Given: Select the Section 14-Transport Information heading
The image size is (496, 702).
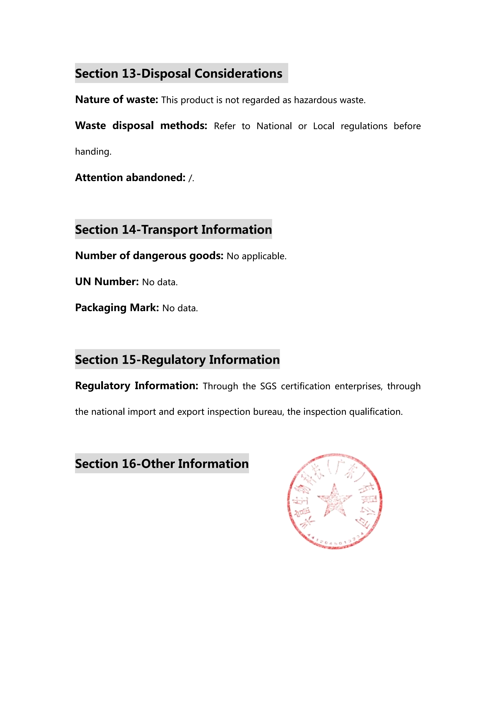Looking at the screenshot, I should pos(173,230).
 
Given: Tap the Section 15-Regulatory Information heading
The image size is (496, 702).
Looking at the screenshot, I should pos(177,360).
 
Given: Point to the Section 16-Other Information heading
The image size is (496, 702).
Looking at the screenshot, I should pos(162,464).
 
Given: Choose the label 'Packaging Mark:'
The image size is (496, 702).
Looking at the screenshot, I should pos(117,308).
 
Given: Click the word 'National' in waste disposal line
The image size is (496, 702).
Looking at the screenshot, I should pos(274,126).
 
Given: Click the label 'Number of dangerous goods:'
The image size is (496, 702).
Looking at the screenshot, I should pos(149,256).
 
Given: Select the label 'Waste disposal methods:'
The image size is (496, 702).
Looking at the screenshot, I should pos(141,126).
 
